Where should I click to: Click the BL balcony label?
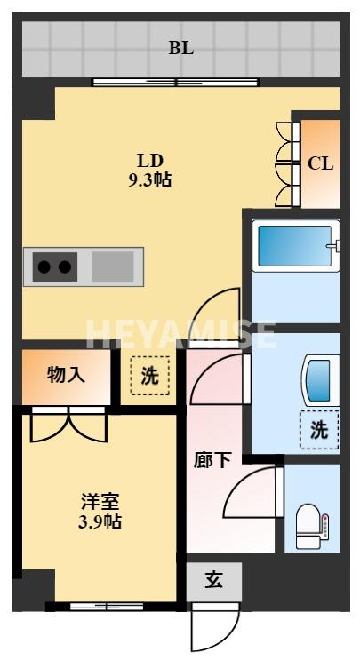(181, 48)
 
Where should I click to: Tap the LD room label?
(148, 161)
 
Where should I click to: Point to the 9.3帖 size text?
(148, 179)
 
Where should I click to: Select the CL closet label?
(320, 163)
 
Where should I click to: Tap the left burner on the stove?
(43, 265)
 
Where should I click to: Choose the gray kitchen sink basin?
(111, 265)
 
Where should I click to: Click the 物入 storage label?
(66, 374)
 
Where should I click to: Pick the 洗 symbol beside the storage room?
(149, 376)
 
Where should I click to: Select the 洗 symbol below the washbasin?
(319, 431)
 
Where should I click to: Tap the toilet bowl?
(308, 523)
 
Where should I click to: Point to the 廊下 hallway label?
(212, 460)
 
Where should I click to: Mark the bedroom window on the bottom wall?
(106, 608)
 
